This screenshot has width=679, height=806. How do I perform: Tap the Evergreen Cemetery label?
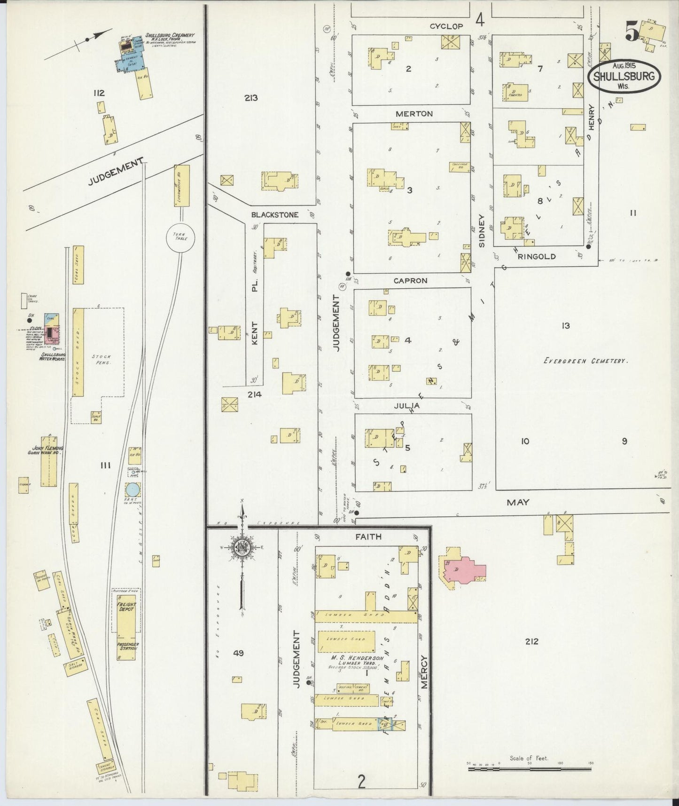pos(585,361)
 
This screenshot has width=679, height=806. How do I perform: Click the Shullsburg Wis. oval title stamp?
pos(624,76)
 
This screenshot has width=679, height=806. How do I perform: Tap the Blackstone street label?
pos(274,214)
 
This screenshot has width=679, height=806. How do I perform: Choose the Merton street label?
pos(414,114)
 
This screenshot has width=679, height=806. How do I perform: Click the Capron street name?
pos(410,281)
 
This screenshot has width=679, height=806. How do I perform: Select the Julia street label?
pos(407,405)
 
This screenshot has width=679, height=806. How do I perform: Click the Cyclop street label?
pos(446,27)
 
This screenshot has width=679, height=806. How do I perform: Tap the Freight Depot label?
pos(126,607)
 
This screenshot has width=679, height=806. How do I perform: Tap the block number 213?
pos(251,98)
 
